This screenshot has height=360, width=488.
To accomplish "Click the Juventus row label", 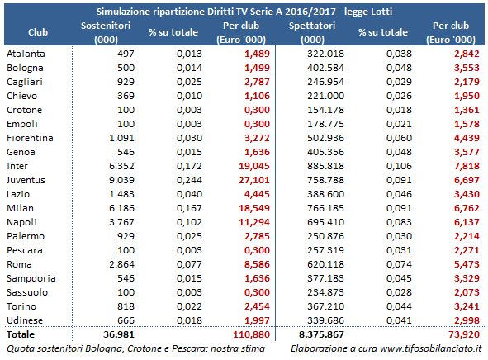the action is coord(26,180).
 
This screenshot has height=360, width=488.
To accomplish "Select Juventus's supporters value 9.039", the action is coord(121,180).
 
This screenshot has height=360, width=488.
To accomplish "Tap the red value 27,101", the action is coord(254,180).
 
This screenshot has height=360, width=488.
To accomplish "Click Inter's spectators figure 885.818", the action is coord(325,166).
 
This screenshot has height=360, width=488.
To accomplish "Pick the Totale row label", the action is coord(21,334).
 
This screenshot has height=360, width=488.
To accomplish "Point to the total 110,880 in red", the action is coord(252,334).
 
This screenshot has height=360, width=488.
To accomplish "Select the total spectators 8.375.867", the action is coord(321,334).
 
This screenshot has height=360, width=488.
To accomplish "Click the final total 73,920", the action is coord(464,334).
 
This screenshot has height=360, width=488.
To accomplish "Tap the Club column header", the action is coord(38,32).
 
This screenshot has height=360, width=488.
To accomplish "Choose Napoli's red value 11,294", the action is coord(254,222).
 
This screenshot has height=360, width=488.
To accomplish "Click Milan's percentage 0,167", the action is coord(189,208).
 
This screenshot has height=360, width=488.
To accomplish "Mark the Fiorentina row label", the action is coord(30,138).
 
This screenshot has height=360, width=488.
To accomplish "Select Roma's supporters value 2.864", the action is coord(121,264).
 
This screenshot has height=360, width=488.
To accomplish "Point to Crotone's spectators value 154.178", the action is coord(325,110).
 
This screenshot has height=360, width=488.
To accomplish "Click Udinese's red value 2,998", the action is coord(467,320).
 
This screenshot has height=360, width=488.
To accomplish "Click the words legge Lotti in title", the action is coord(368,12).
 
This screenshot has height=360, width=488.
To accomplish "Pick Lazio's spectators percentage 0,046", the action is coord(399,194).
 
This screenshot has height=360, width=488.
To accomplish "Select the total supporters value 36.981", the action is coord(119,334).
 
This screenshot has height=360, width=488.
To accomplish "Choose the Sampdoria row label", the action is coord(31,278).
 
